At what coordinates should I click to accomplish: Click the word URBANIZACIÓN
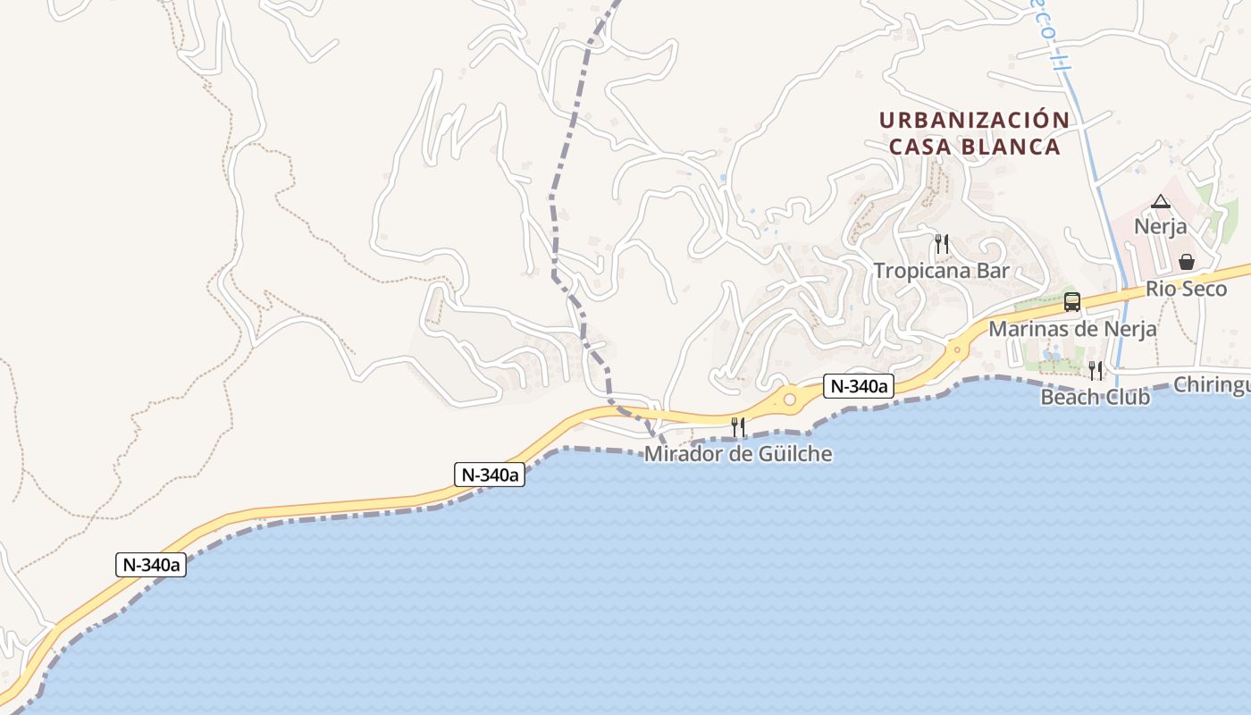974,121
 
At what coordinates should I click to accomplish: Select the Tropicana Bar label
941,271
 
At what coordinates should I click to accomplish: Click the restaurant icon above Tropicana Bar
941,243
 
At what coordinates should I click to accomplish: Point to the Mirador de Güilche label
738,454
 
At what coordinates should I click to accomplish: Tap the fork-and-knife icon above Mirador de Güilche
738,427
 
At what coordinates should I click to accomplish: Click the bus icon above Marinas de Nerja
1072,302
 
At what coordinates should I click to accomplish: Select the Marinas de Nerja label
1072,329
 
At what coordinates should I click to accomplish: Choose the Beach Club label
1096,397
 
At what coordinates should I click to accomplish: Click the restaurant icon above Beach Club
1096,370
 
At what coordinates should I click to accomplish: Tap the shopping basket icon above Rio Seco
1187,262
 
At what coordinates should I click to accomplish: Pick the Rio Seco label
1187,289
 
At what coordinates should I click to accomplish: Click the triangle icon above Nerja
1161,201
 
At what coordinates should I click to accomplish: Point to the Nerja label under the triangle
1161,226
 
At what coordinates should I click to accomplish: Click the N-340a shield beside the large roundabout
858,386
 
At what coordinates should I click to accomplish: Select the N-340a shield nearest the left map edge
151,565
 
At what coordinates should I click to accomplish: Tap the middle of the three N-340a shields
489,475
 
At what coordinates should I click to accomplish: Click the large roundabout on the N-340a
790,400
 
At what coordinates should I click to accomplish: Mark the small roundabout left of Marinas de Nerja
958,349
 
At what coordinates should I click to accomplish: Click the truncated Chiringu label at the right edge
1211,385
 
